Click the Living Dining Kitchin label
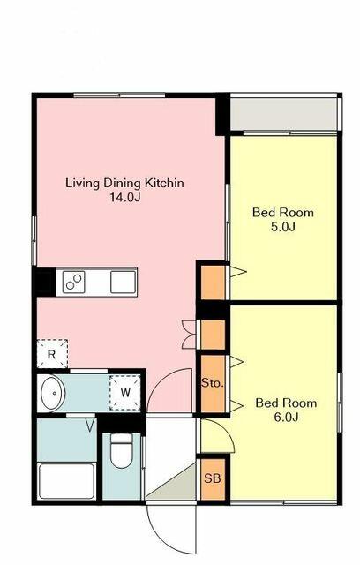coord(124,183)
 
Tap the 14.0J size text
coord(125,198)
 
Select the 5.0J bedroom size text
coord(283,227)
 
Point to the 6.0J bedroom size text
coord(286,418)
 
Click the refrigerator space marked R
coord(52,354)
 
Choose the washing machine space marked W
coord(125,392)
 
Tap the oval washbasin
coord(53,393)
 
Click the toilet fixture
coord(121,450)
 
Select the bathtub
coord(66,481)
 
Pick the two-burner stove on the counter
coord(74,282)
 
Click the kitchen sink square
coord(124,282)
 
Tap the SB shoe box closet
coord(213,478)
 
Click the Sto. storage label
coord(213,382)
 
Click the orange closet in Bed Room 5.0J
coord(213,282)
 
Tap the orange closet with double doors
coord(213,335)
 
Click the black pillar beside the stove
coord(45,282)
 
